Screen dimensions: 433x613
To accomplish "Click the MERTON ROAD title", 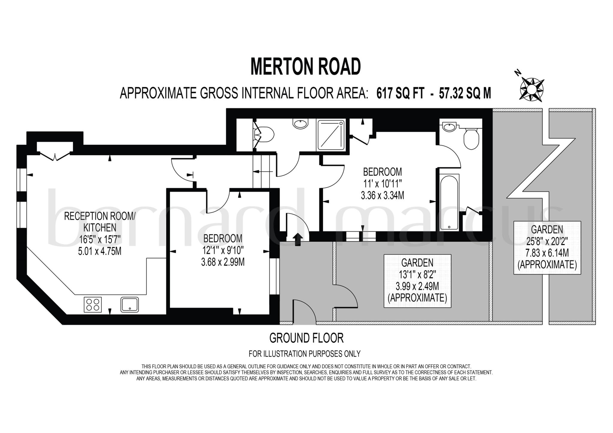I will [x=306, y=67].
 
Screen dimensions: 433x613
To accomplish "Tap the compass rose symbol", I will [x=532, y=89].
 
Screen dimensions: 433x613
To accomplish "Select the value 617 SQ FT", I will [x=400, y=93].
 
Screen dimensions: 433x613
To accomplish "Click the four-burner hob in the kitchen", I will [x=92, y=305].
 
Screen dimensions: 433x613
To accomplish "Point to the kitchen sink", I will [x=130, y=305].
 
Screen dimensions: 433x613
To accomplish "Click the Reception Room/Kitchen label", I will [x=100, y=222].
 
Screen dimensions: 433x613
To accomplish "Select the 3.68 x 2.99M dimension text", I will [x=223, y=262].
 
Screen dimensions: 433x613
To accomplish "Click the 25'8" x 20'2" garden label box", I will [x=547, y=247].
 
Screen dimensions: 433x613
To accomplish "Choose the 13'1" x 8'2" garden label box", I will [x=417, y=281].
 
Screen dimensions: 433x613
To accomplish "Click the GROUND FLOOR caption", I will [x=306, y=338].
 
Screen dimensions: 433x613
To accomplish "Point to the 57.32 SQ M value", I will [x=465, y=93].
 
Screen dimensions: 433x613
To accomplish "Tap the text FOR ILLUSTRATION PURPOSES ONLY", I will [x=304, y=354].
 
